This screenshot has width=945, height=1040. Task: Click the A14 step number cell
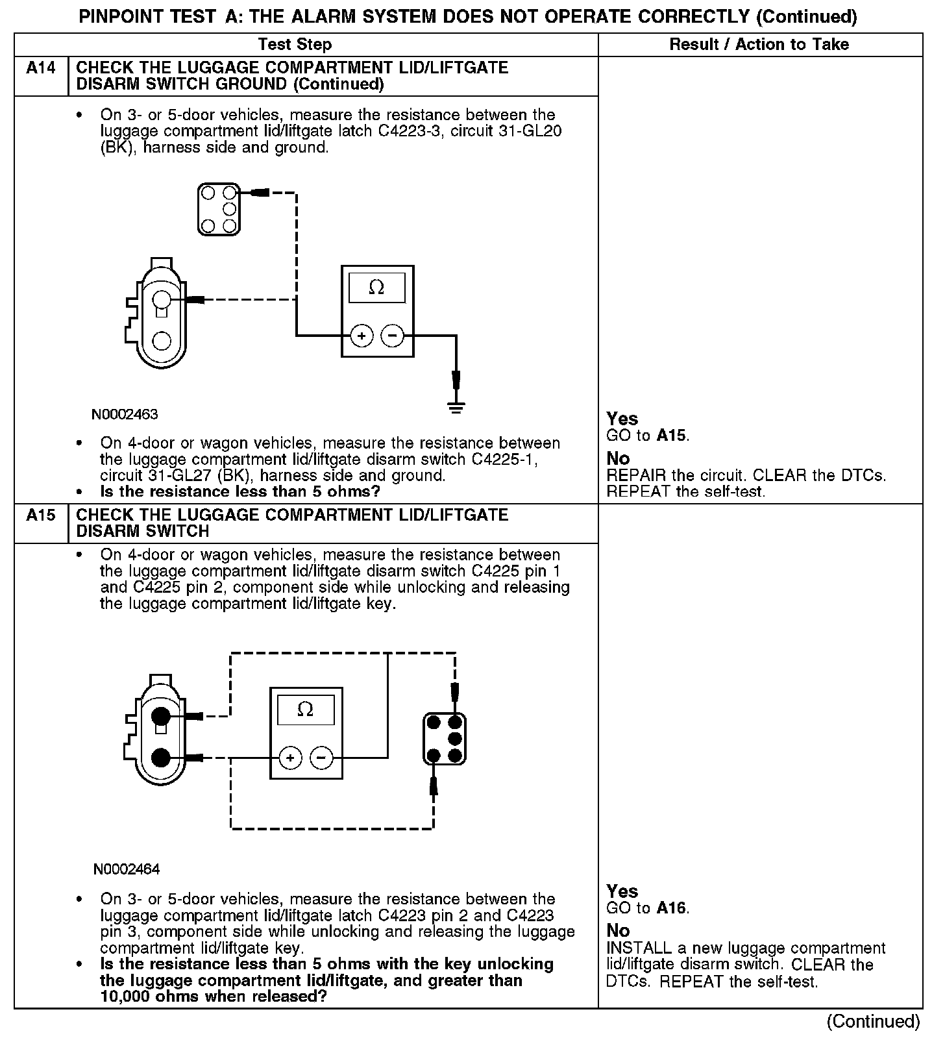(x=41, y=68)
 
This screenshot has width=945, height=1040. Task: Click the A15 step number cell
(x=41, y=515)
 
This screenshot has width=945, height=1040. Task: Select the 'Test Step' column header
(x=295, y=44)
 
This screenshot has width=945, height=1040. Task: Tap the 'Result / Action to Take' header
(x=759, y=44)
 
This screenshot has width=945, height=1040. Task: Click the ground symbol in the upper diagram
(x=456, y=408)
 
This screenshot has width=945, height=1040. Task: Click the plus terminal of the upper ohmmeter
(x=362, y=336)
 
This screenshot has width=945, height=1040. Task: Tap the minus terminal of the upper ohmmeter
(x=392, y=336)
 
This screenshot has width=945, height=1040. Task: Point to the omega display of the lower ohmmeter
(x=305, y=710)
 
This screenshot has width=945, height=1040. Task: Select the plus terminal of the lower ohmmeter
(x=290, y=758)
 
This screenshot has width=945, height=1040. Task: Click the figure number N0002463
(x=125, y=414)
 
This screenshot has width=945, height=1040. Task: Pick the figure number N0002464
(x=126, y=869)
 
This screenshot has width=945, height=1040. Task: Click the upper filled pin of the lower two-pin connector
(x=160, y=717)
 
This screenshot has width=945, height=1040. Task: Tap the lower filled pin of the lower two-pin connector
(x=160, y=758)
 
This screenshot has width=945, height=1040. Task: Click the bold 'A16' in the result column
(x=671, y=908)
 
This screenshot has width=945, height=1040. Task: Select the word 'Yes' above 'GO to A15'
(x=622, y=419)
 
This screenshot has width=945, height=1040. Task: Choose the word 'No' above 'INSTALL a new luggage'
(x=618, y=931)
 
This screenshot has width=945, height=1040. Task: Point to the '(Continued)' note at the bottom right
(x=873, y=1022)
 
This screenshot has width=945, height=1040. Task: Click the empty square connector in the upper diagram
(x=218, y=210)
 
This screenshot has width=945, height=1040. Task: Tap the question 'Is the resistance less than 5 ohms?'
(x=239, y=491)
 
